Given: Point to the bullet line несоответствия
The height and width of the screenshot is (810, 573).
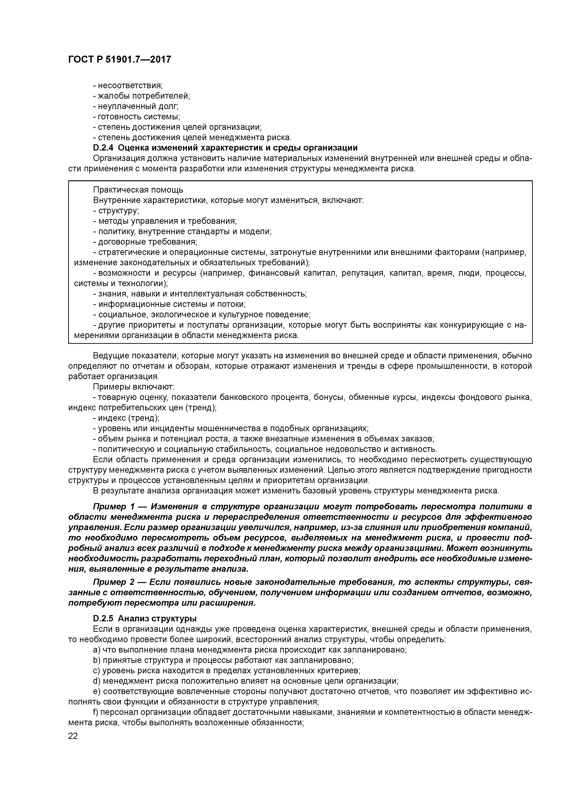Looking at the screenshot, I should [x=128, y=85].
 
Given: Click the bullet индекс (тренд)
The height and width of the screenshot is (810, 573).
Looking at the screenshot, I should [x=126, y=418].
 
